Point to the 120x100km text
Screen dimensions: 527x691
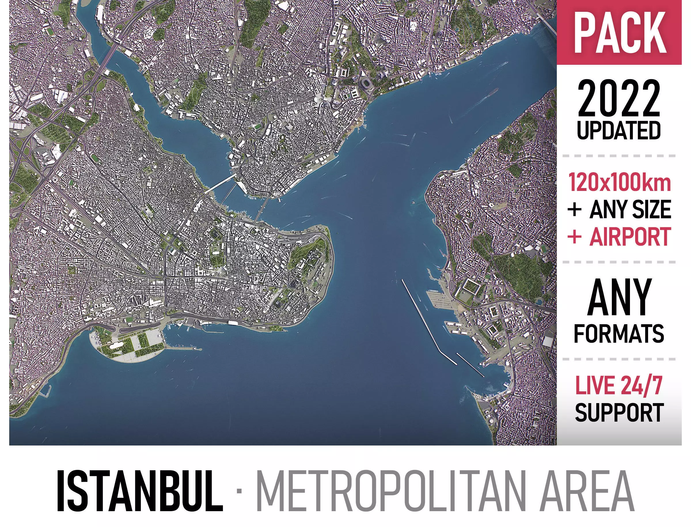coord(620,183)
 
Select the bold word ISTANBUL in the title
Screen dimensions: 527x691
coord(140,491)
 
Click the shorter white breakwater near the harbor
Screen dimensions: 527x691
coord(470,364)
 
